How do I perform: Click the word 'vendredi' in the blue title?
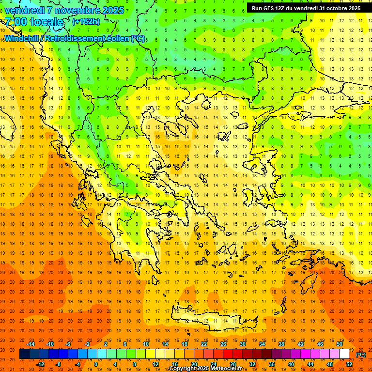25,10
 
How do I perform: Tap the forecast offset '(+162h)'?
86,21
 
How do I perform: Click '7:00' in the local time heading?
15,22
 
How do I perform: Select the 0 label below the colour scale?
96,364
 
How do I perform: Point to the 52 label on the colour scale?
349,364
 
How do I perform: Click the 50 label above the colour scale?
340,344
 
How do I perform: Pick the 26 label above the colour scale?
223,344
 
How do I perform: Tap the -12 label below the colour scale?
40,364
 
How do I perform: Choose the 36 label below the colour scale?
272,364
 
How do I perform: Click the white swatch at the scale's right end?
344,354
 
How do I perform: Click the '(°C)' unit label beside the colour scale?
361,355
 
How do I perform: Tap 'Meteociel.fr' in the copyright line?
228,369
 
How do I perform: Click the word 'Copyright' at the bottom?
183,369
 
